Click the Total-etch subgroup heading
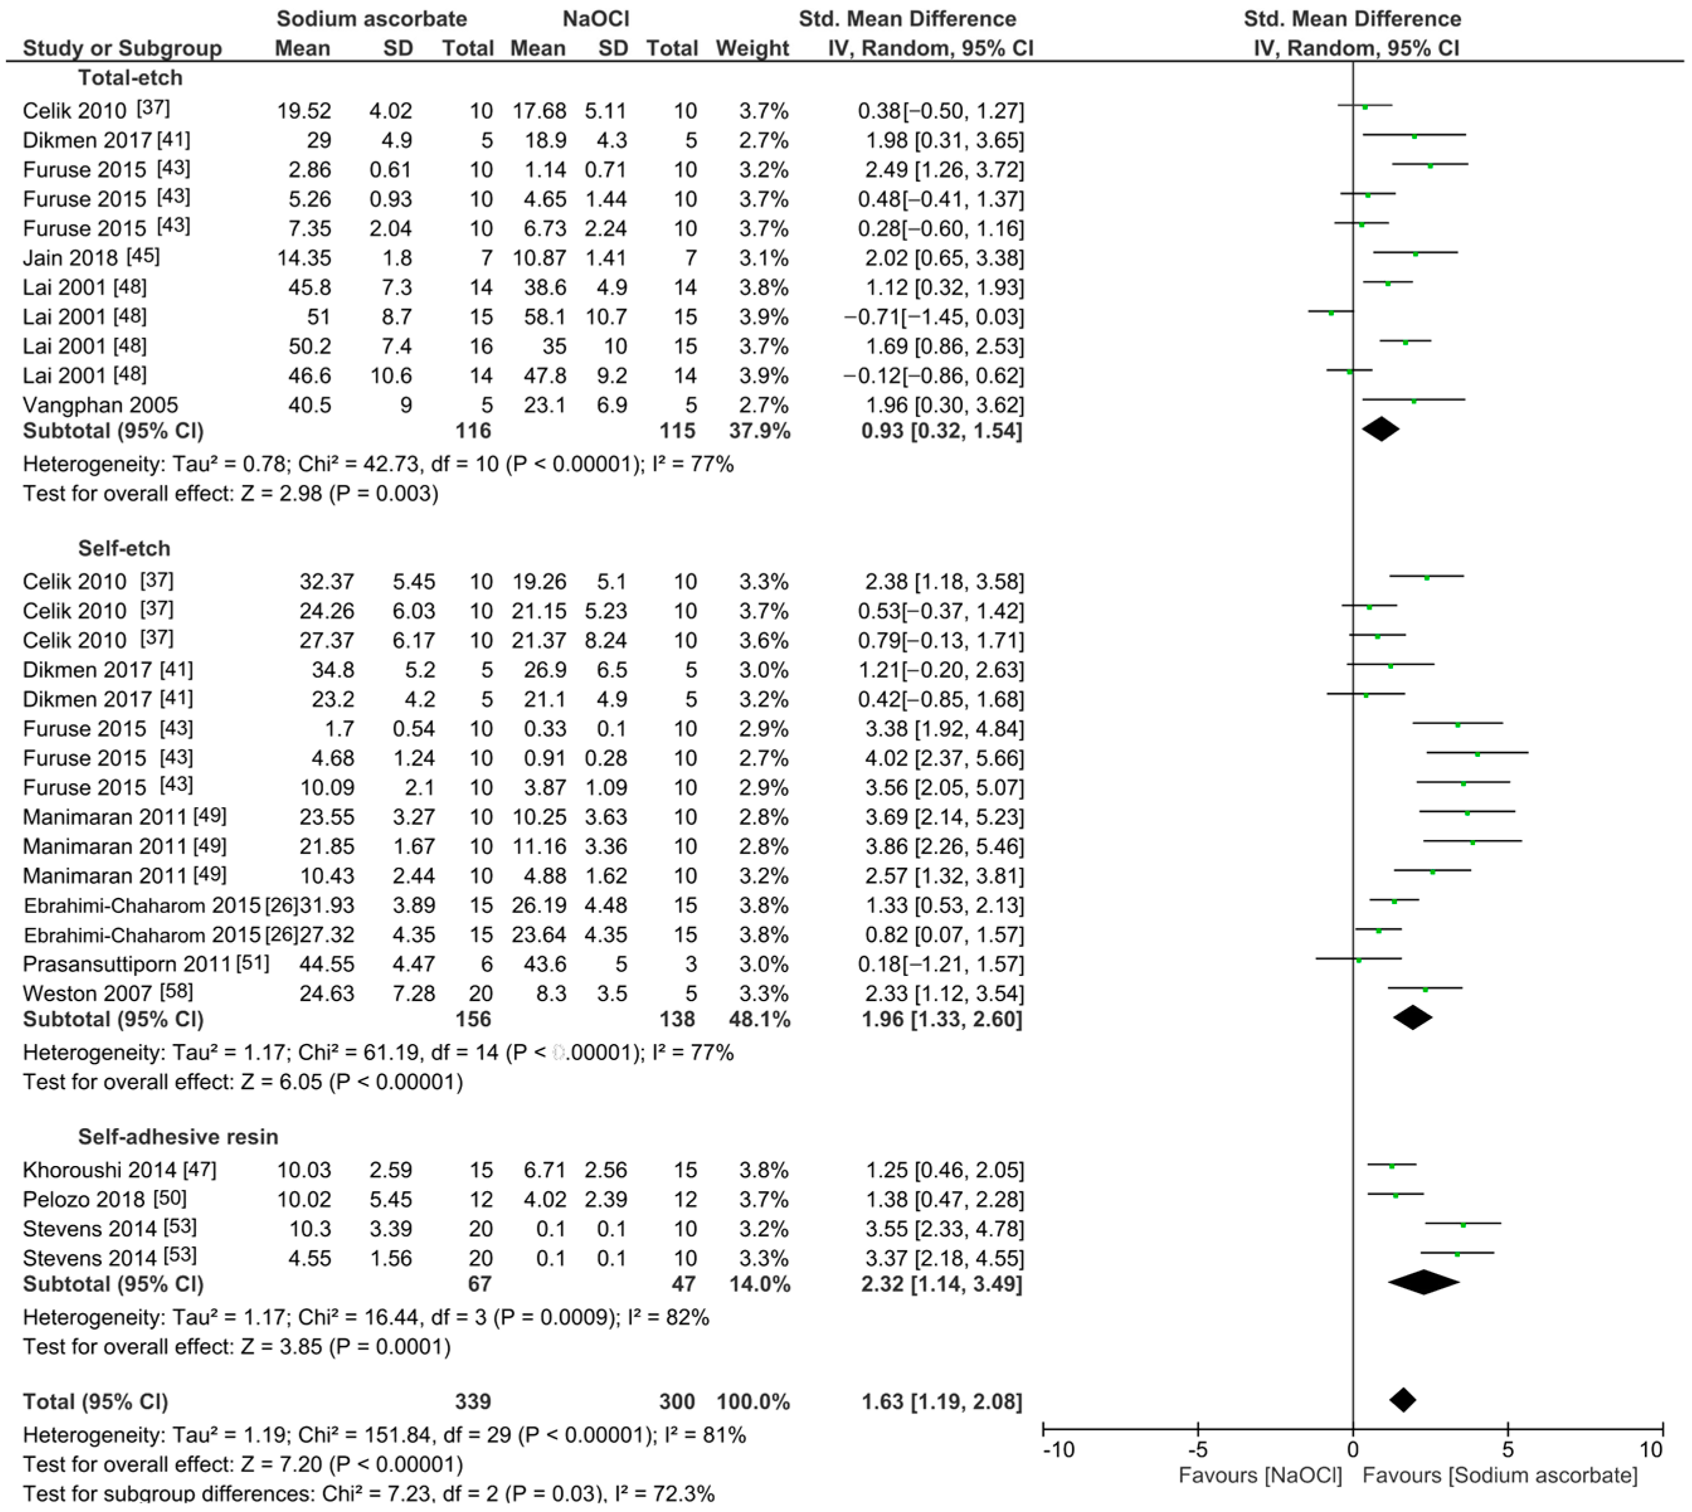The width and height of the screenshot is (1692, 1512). (130, 78)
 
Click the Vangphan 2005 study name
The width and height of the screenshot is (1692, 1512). (99, 405)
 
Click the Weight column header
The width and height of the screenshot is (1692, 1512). (752, 48)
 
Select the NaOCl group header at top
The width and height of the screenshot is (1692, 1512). (595, 18)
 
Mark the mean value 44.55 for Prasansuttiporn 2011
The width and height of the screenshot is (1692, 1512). (327, 964)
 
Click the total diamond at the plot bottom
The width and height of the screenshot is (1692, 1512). (1403, 1401)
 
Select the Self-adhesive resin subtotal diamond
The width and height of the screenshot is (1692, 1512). (1424, 1283)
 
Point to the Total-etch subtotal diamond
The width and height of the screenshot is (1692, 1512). (1381, 428)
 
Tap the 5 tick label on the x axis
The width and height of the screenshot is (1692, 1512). (1508, 1450)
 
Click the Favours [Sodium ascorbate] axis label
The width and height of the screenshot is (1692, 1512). (1500, 1476)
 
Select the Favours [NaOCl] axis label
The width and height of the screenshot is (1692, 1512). (1260, 1476)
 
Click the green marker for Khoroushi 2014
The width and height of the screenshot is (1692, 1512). (1392, 1167)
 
